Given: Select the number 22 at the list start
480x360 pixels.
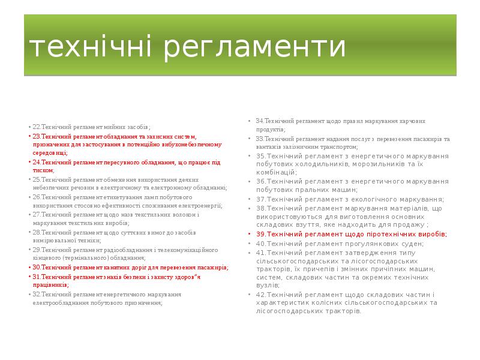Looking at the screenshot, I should (x=35, y=127).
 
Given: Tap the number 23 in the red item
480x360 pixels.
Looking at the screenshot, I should (x=35, y=136).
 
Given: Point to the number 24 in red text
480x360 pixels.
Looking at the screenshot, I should (x=35, y=162).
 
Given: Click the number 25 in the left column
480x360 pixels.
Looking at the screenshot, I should (x=35, y=179).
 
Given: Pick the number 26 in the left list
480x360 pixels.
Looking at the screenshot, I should (x=35, y=197).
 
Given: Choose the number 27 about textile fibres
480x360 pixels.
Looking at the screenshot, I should (x=35, y=214).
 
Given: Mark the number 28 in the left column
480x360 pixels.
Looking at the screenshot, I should (x=35, y=232).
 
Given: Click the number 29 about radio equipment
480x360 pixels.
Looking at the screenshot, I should (x=35, y=250).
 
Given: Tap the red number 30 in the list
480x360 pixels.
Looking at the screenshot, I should (x=35, y=267).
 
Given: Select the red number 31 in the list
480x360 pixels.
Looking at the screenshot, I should (x=35, y=277).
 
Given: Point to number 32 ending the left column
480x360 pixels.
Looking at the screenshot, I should (x=35, y=294).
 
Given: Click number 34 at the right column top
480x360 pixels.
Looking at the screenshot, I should (x=259, y=121).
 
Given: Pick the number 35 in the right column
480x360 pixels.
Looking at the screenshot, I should (x=260, y=156).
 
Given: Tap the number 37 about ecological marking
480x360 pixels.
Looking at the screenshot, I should (x=260, y=199).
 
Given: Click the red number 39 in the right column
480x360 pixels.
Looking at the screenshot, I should (x=260, y=234).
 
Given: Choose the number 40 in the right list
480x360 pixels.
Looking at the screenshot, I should (x=260, y=244).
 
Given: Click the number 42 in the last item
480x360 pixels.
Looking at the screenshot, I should (x=260, y=295).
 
